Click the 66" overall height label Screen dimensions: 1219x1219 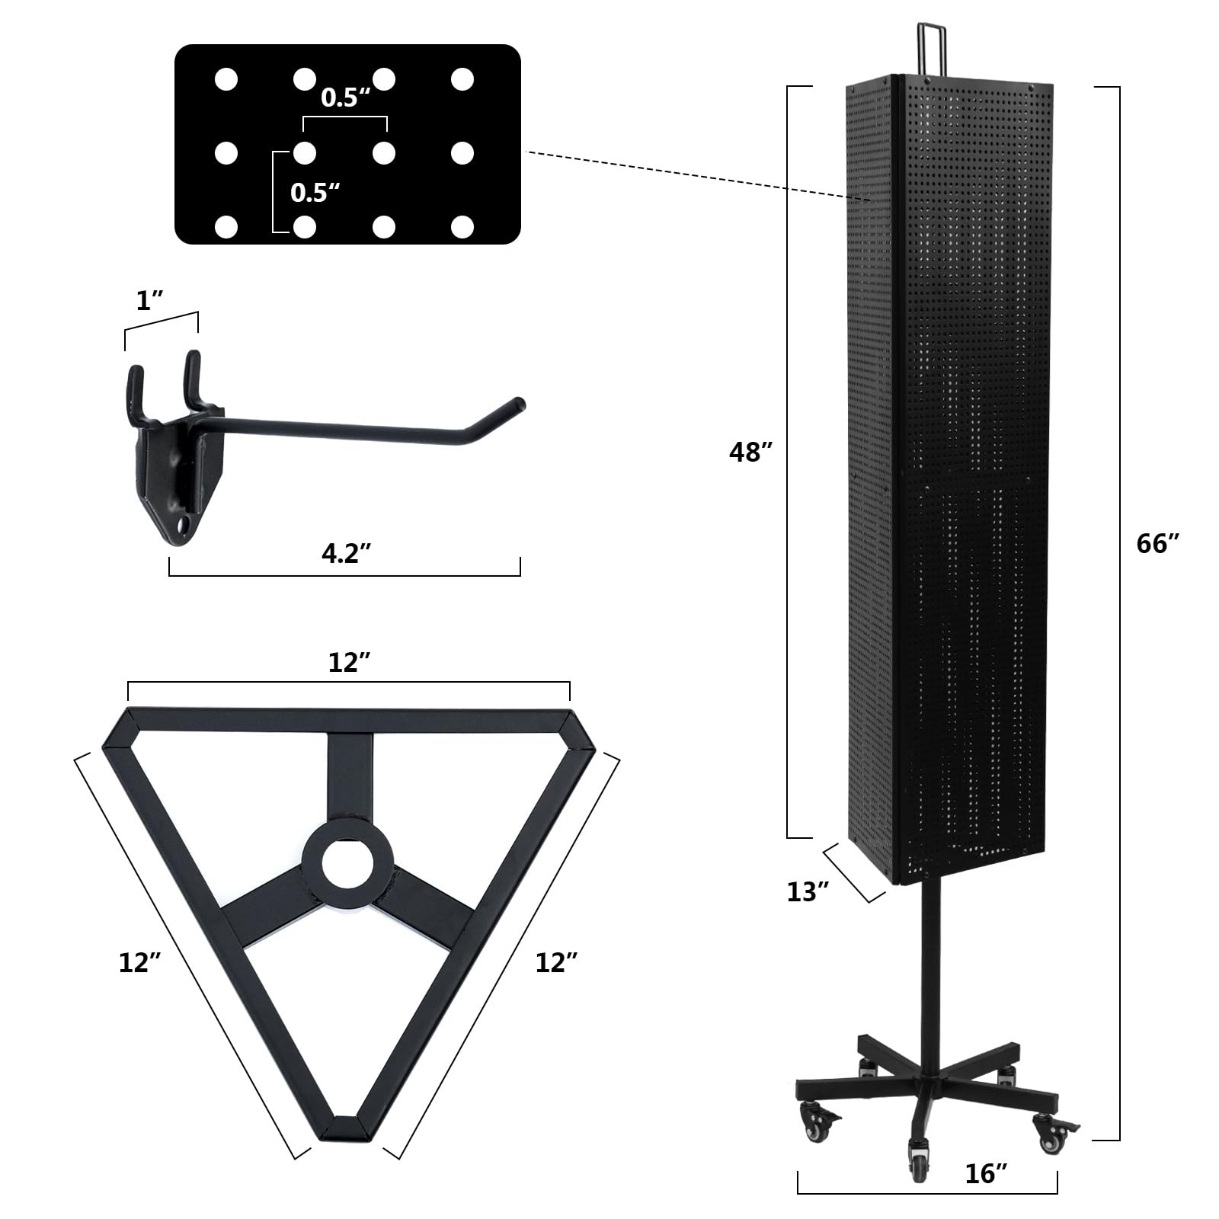(x=1157, y=544)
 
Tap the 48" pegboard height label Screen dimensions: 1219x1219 (x=751, y=453)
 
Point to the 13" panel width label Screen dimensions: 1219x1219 (x=808, y=891)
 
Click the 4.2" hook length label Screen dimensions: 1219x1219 (x=340, y=553)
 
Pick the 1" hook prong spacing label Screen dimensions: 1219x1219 (x=149, y=302)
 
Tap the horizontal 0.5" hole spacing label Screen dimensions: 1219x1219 (x=345, y=98)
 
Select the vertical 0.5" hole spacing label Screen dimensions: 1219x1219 (x=315, y=193)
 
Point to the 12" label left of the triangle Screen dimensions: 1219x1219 (x=139, y=963)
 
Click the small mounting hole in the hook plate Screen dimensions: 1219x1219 (x=183, y=525)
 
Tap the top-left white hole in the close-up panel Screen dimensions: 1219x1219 (x=226, y=79)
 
